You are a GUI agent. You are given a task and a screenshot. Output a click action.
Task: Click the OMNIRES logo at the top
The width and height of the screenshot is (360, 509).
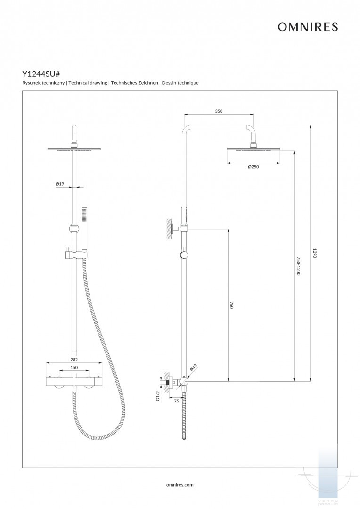[x=307, y=27]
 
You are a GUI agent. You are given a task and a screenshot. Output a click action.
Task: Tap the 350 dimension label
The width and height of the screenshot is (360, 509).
[x=219, y=111]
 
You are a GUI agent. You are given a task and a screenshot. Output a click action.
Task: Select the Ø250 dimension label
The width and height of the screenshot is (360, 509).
[x=254, y=166]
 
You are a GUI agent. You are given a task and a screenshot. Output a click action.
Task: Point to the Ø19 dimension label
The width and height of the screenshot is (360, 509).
[x=60, y=183]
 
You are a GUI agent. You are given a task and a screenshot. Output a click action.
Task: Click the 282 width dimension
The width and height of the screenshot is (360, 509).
[x=74, y=360]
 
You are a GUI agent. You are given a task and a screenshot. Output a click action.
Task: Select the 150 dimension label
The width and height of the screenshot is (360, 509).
[x=74, y=368]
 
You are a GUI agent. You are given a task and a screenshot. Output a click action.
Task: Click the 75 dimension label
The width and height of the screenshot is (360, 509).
[x=177, y=401]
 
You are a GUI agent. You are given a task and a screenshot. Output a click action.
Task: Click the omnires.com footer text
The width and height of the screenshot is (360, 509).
[x=180, y=484]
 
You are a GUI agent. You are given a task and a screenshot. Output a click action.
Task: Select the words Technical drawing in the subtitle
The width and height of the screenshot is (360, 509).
[x=88, y=83]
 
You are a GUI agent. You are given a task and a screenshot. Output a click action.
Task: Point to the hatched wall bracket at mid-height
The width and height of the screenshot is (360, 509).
[x=169, y=230]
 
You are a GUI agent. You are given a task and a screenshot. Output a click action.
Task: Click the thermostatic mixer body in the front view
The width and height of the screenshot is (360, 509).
[x=74, y=380]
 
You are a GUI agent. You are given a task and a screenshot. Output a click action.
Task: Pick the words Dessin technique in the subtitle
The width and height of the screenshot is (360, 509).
[x=180, y=83]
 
